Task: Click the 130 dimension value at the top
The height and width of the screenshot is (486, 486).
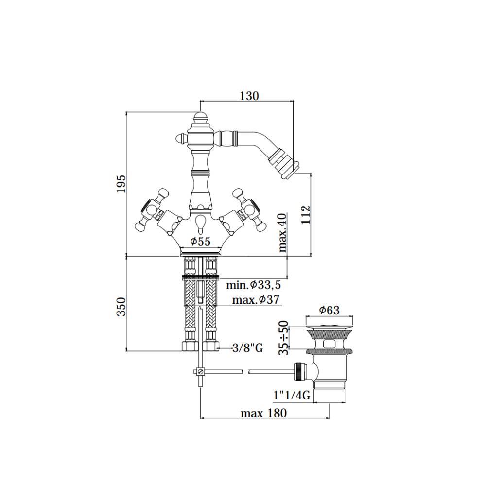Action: pos(249,96)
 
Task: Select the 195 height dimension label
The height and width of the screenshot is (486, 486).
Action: pos(121,184)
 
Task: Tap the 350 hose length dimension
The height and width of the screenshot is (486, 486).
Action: pos(121,307)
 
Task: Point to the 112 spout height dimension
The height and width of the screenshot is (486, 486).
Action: pos(305,214)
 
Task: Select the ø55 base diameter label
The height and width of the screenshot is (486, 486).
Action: pos(200,241)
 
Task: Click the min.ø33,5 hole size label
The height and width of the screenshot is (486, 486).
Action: pos(253,284)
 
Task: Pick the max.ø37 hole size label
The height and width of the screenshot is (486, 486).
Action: pos(256,299)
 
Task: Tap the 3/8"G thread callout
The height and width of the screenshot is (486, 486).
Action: pos(247,347)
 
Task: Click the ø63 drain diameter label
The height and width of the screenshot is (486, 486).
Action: pos(329,310)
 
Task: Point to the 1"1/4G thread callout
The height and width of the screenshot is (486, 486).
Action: pos(292,396)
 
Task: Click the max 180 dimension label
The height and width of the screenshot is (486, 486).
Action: pos(264,413)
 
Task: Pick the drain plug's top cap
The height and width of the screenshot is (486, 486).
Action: pos(329,321)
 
